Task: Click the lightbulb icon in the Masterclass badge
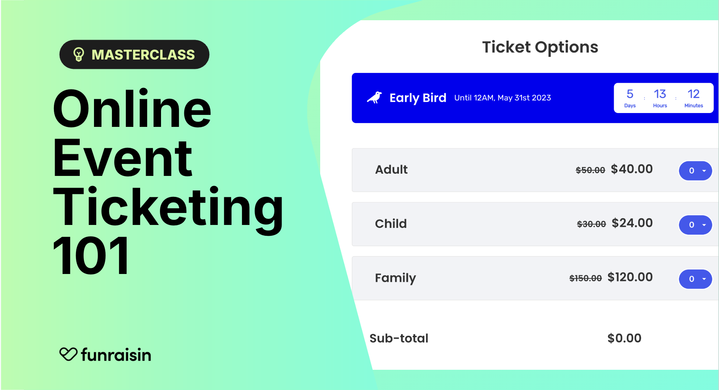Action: [x=79, y=54]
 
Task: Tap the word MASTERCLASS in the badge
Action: [x=143, y=55]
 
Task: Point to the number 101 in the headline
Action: [x=91, y=256]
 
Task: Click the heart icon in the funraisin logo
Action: [x=68, y=354]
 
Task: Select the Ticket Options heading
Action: [x=540, y=48]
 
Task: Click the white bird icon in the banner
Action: [x=374, y=97]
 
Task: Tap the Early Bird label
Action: [x=418, y=98]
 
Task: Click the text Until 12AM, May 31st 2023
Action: [x=503, y=98]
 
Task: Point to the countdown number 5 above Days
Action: [x=630, y=94]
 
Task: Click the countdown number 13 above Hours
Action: [x=660, y=94]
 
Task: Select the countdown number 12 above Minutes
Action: [x=694, y=94]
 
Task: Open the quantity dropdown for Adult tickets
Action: [x=695, y=171]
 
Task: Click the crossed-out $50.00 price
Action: [x=590, y=170]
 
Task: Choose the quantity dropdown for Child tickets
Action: [x=695, y=225]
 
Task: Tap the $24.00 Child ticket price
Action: [x=632, y=223]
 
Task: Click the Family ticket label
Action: [x=395, y=278]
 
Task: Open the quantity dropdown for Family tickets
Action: [x=695, y=279]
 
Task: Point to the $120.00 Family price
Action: [x=630, y=277]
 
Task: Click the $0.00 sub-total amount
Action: [x=624, y=338]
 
